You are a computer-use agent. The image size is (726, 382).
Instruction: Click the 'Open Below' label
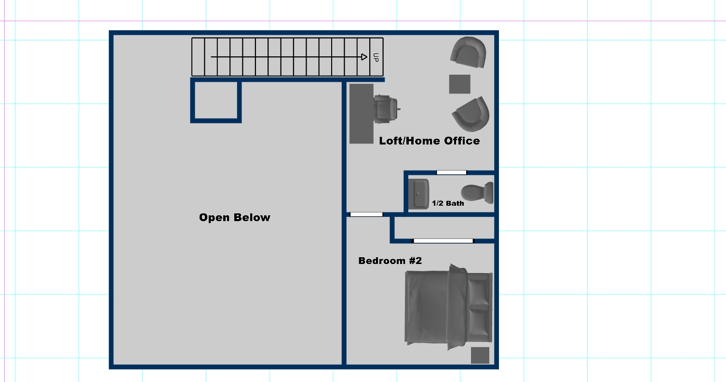click(235, 217)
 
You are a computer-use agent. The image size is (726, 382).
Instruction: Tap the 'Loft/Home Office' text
click(430, 141)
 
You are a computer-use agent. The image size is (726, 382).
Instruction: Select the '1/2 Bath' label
click(448, 203)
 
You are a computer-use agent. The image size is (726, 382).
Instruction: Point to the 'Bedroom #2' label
click(390, 261)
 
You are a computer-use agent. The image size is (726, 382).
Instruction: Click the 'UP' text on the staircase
click(376, 57)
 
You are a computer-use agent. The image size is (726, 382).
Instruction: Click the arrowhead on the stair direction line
click(364, 57)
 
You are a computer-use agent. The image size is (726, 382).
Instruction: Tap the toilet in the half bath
click(477, 193)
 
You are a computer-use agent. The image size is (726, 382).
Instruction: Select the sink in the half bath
click(418, 194)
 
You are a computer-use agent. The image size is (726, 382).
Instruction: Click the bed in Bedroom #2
click(448, 307)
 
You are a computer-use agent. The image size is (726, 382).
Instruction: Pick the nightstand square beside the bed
click(480, 356)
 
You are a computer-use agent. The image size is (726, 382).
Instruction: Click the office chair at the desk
click(386, 109)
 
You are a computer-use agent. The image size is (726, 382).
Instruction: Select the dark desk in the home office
click(362, 114)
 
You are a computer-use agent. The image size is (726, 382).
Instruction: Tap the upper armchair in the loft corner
click(469, 52)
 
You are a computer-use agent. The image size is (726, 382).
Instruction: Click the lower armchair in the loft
click(471, 114)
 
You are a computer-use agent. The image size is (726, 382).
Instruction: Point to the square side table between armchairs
click(459, 84)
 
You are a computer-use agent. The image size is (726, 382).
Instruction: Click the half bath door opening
click(452, 172)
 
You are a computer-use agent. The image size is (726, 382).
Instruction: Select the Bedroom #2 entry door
click(366, 214)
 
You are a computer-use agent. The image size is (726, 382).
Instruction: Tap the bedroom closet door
click(443, 241)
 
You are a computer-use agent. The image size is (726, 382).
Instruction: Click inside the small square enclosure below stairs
click(216, 101)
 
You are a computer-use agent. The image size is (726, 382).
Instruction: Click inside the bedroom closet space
click(444, 228)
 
